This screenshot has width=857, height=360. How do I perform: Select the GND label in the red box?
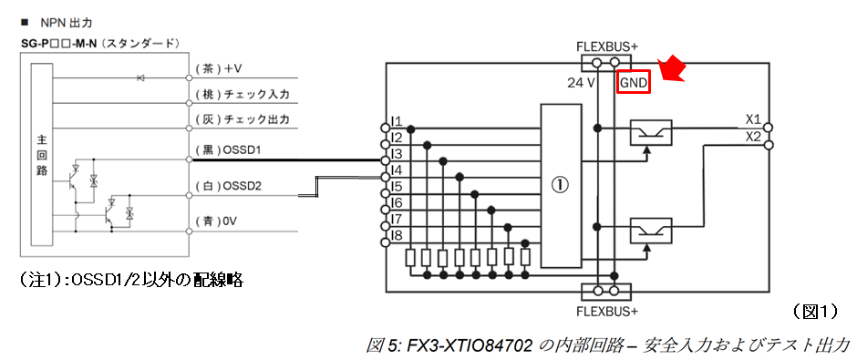click(633, 83)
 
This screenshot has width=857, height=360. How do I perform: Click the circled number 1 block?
click(561, 185)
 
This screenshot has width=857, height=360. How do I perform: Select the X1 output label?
click(752, 119)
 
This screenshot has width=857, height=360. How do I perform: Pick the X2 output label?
click(752, 136)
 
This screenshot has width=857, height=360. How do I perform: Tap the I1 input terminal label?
click(396, 121)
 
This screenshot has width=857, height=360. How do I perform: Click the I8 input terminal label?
click(396, 236)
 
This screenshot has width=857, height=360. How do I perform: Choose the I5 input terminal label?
click(396, 187)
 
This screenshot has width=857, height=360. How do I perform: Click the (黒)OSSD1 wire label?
click(229, 148)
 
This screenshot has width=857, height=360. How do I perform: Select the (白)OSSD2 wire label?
click(229, 186)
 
